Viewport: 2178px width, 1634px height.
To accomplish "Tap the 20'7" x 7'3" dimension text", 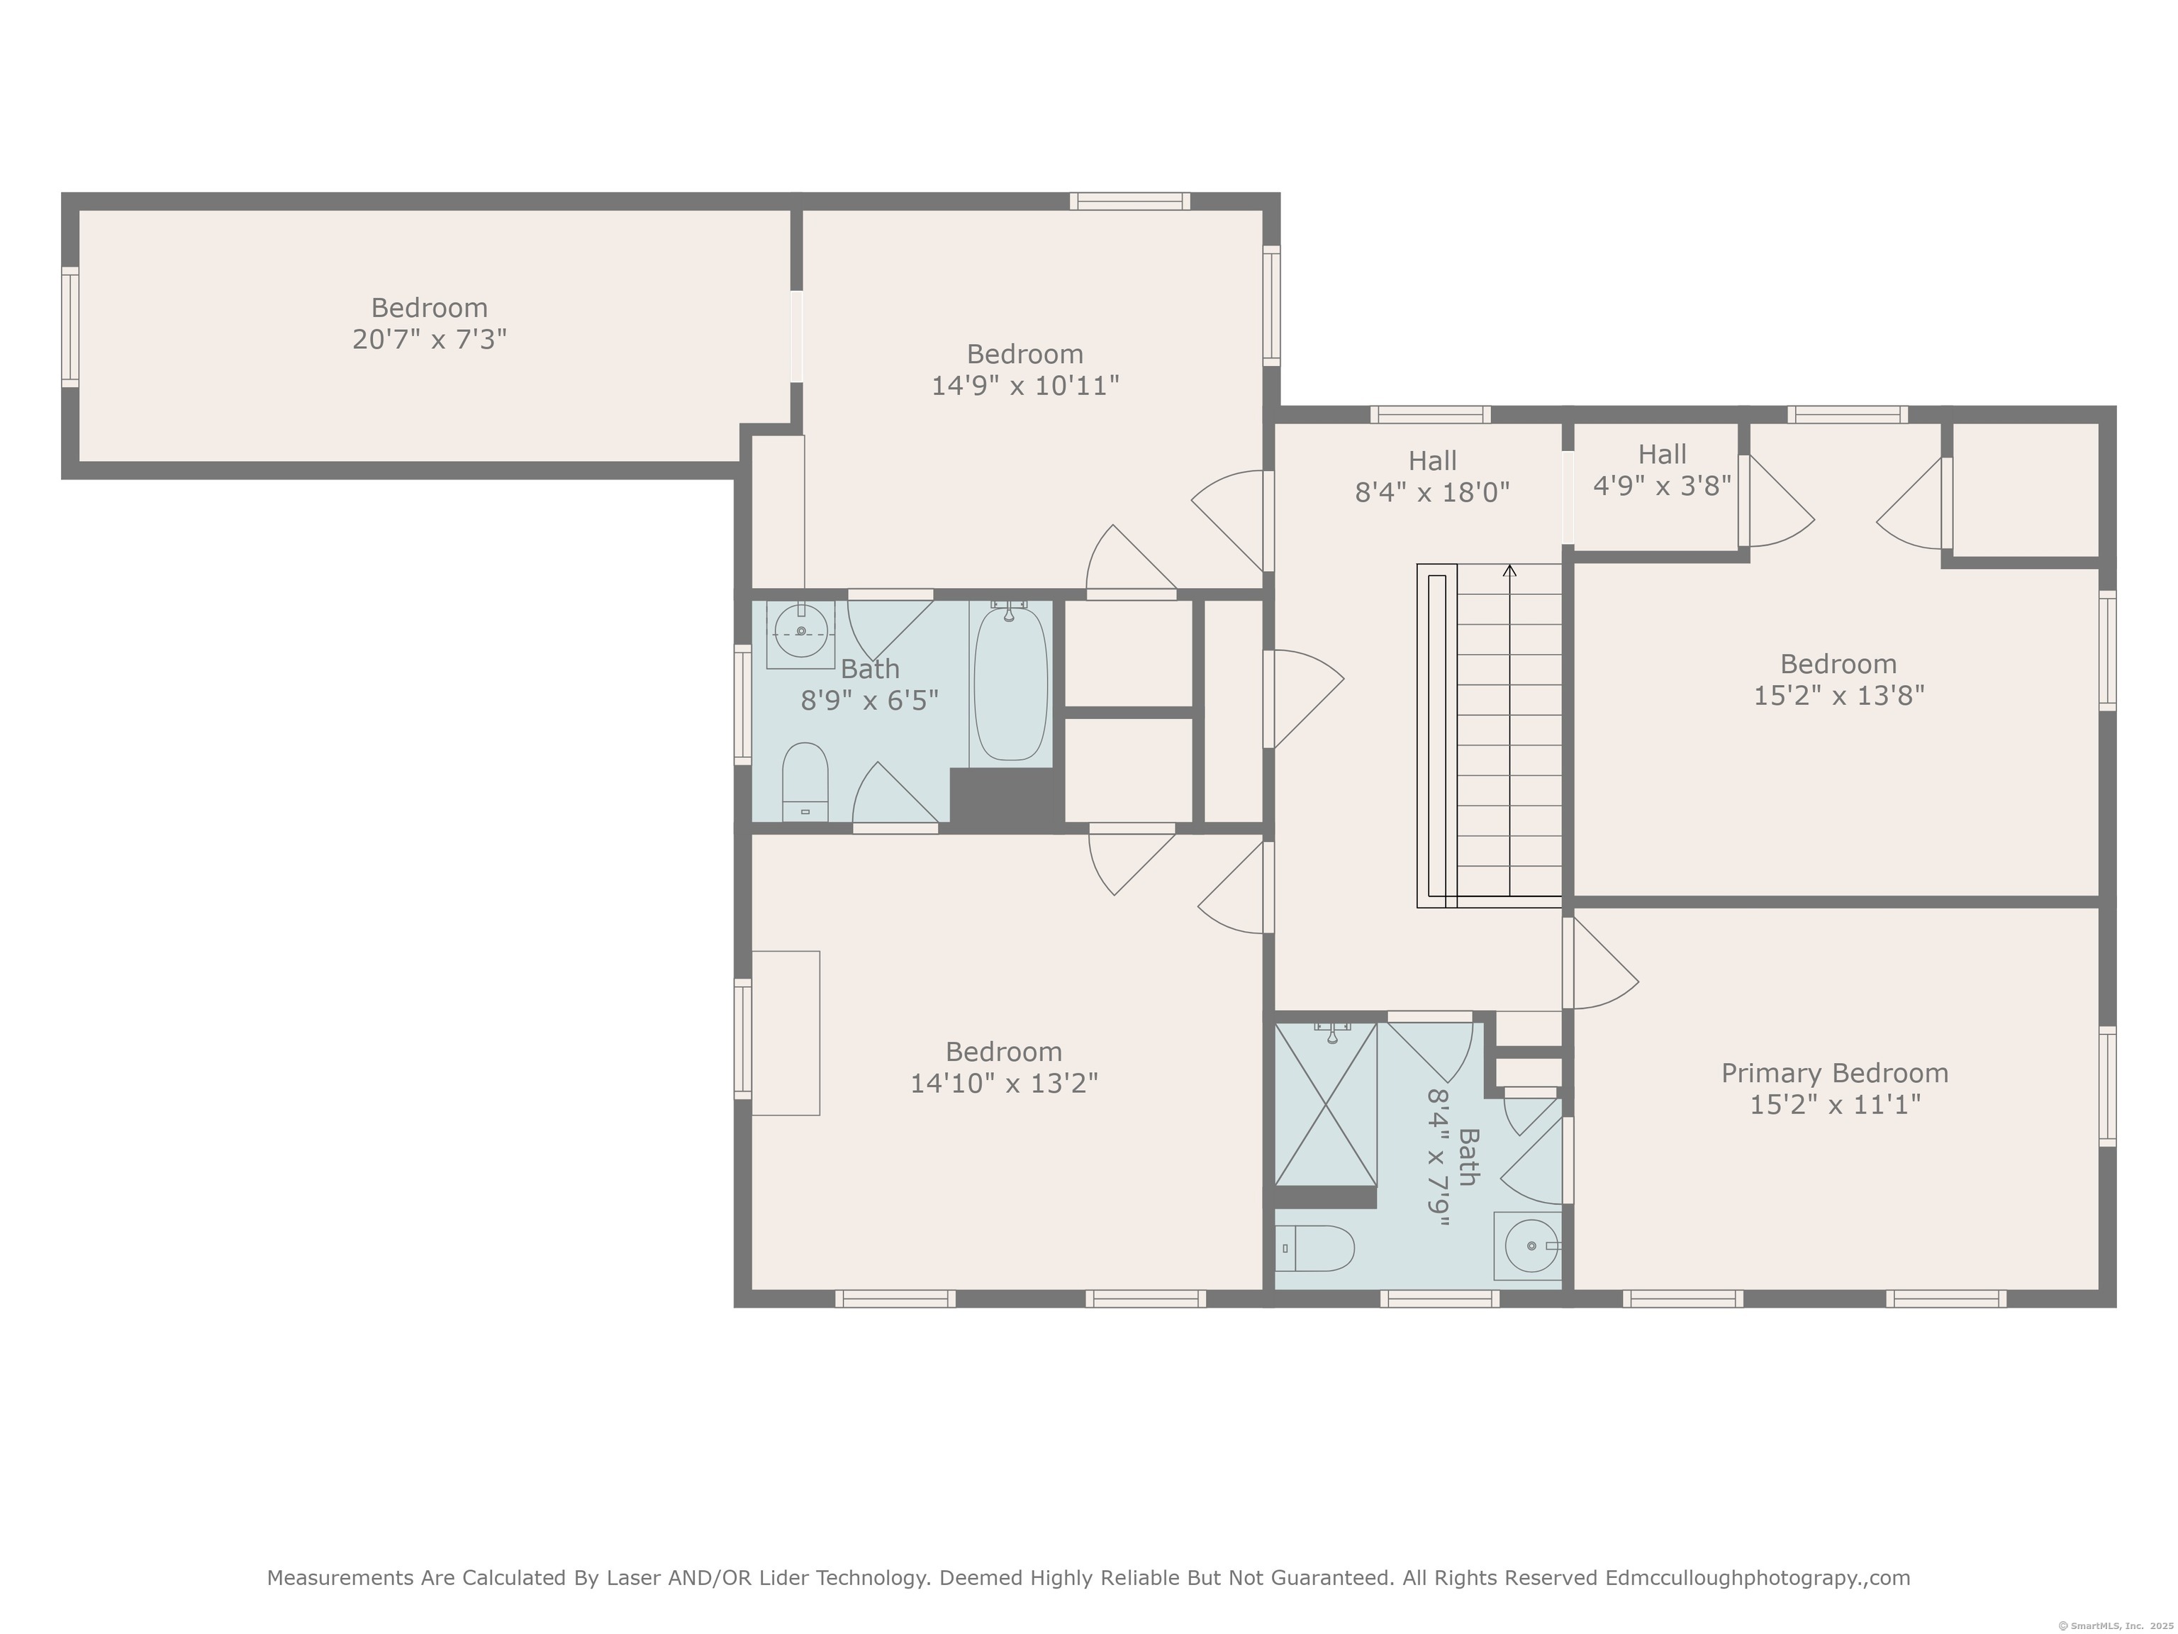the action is [x=430, y=340].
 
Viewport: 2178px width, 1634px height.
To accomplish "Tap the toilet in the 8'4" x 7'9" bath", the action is [x=1315, y=1249].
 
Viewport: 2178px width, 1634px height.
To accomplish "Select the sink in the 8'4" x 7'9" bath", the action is [x=1527, y=1246].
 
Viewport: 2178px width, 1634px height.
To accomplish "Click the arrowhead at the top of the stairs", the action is [x=1509, y=569].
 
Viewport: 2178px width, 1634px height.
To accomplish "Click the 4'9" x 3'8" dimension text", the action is [x=1662, y=486].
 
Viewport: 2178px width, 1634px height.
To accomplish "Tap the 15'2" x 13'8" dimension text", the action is [x=1838, y=695].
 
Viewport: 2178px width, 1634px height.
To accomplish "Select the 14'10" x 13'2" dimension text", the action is [x=1003, y=1084].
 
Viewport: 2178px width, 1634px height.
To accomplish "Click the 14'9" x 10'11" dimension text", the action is [x=1025, y=385].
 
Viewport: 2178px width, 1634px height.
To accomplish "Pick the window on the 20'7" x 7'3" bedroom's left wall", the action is [x=70, y=327].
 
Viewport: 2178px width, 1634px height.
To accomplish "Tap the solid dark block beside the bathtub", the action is [x=1006, y=796].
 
